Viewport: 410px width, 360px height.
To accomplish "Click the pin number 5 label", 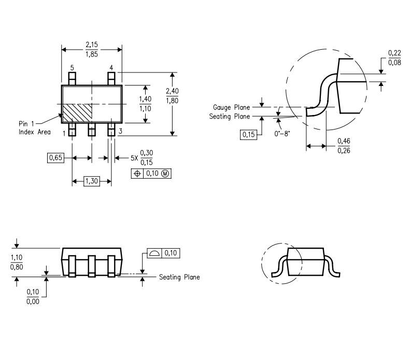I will click(72, 68).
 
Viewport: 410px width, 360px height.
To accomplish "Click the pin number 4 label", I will click(111, 68).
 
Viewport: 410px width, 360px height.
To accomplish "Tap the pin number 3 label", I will click(120, 132).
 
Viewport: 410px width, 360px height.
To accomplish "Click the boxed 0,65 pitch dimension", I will click(56, 157).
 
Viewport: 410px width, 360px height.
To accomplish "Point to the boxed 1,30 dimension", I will click(91, 181).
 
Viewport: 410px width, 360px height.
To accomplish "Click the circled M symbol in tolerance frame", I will click(165, 174).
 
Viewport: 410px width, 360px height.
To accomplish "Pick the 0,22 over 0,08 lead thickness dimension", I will click(394, 58).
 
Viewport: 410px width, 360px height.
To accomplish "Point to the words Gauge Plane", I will click(231, 107).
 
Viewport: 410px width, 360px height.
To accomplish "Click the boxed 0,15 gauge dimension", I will click(248, 135).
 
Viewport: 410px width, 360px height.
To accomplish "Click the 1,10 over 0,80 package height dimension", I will click(17, 262).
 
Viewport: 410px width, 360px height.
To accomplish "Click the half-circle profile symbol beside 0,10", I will click(154, 253).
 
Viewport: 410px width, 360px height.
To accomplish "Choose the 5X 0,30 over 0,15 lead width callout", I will click(139, 157).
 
